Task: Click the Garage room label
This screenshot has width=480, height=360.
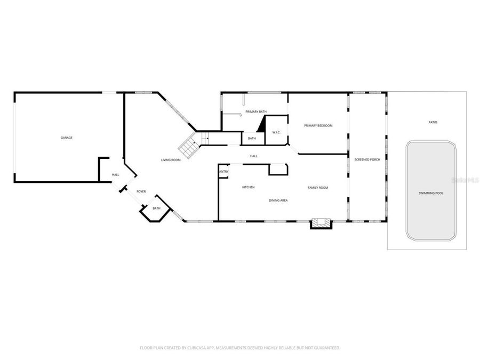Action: tap(66, 138)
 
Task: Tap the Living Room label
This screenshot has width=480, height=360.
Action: tap(171, 160)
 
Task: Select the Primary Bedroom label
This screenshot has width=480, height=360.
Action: tap(318, 126)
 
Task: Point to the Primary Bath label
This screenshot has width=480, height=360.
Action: tap(256, 111)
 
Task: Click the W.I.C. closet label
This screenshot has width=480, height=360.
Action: tap(276, 132)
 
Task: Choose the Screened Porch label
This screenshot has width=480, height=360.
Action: tap(367, 159)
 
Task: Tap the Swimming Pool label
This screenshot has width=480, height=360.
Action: tap(432, 193)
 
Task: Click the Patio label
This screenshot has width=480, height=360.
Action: tap(433, 122)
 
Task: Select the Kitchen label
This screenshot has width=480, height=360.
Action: tap(248, 187)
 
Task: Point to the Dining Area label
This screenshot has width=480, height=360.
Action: tap(278, 200)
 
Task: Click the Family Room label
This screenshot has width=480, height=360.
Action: tap(317, 187)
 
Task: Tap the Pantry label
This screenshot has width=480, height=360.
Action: tap(223, 172)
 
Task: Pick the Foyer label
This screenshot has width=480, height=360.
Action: tap(141, 191)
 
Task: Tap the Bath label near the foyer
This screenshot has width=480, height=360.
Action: tap(156, 209)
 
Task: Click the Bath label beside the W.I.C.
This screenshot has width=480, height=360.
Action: tap(252, 139)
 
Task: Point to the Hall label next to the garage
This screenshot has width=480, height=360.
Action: tap(115, 175)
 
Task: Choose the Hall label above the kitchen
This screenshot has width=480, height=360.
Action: tap(254, 156)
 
